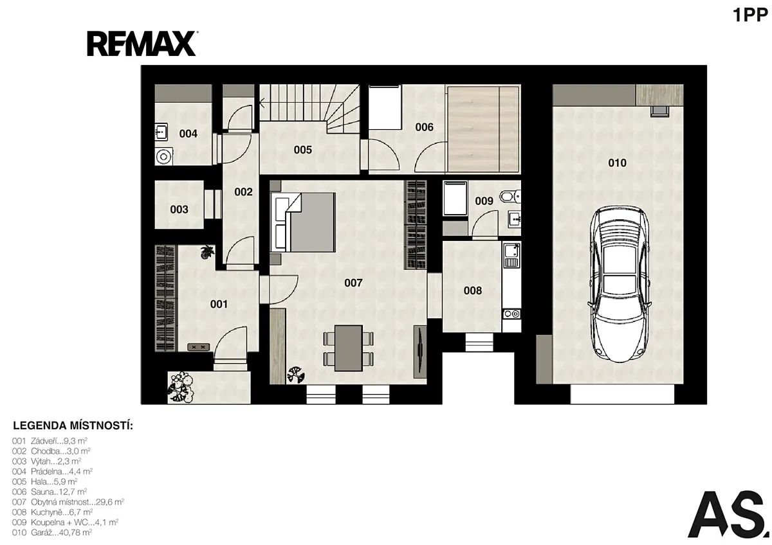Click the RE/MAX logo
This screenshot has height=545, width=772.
tap(142, 44)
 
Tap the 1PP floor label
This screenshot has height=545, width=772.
tap(750, 15)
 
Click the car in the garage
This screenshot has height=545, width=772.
tap(620, 284)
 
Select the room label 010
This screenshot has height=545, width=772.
tap(617, 163)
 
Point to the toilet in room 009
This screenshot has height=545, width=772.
tap(510, 196)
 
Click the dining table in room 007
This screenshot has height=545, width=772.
tap(349, 348)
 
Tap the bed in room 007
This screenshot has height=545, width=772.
tap(303, 222)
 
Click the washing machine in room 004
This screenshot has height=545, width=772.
tap(163, 157)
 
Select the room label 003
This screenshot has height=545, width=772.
tap(179, 210)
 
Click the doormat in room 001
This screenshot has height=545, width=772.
tap(199, 347)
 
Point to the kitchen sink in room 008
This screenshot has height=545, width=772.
tap(512, 255)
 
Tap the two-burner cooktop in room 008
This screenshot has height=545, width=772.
tap(512, 314)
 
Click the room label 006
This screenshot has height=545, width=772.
tap(424, 127)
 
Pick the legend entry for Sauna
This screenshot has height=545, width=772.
tap(50, 491)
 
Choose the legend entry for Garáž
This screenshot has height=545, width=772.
tap(52, 532)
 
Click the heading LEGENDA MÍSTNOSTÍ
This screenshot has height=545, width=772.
tap(73, 425)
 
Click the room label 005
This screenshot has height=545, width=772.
tap(302, 150)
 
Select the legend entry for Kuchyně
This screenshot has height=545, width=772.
tap(52, 512)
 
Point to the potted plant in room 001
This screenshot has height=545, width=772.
tap(207, 252)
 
